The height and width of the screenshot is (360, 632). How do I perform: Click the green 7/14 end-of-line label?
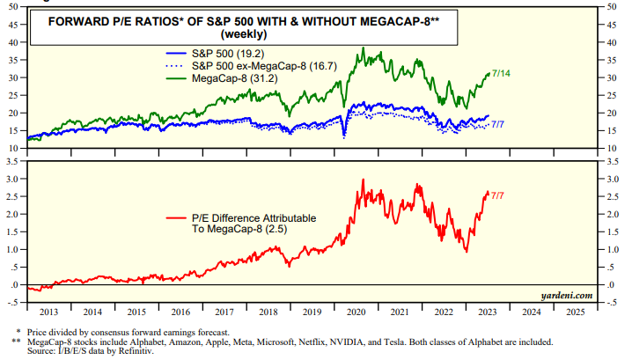click(x=503, y=73)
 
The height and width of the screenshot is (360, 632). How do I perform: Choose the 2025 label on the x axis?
click(x=575, y=312)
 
